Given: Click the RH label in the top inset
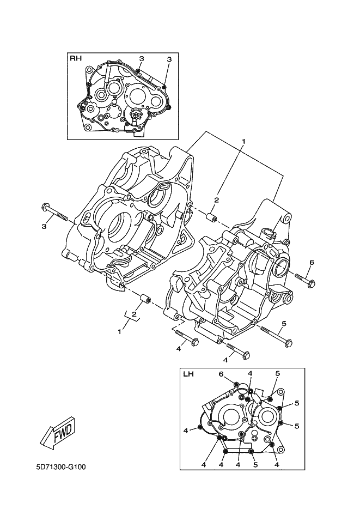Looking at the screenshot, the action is pos(76,58).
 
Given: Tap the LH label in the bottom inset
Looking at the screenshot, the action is pos(188,374).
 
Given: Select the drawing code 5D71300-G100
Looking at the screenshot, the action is pos(61,468).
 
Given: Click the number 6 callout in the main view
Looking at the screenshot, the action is pos(312,262).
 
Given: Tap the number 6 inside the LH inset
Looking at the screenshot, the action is pos(221,374).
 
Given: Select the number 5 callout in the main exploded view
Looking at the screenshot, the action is pos(284,323).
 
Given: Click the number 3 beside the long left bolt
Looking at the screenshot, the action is pos(44,226).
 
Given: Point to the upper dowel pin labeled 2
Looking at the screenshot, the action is pos(212,216).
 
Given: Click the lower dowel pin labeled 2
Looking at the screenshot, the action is pos(144,299).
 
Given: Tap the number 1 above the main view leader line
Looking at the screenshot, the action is pos(243,142).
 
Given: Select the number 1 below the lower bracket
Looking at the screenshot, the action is pos(119,331).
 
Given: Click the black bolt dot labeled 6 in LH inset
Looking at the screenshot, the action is pos(236,385).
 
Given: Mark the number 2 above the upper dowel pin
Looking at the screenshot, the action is pos(217,200).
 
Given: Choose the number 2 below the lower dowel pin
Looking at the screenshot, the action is pos(133,314).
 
